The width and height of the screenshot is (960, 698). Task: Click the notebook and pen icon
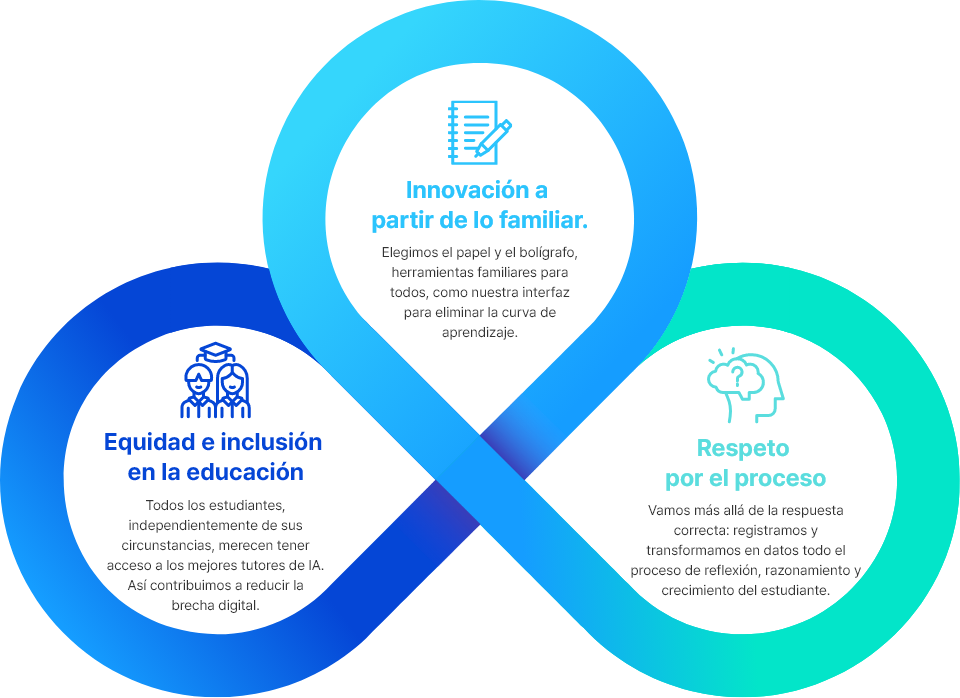479,133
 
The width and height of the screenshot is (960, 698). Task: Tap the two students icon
216,380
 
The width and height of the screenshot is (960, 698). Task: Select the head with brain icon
745,386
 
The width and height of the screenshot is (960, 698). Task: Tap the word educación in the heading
245,472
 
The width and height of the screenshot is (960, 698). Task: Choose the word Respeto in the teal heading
743,449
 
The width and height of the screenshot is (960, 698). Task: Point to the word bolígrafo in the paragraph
549,253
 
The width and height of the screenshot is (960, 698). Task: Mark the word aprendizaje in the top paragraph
480,333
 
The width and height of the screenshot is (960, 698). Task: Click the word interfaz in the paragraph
546,293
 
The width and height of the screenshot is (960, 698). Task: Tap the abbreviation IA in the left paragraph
316,565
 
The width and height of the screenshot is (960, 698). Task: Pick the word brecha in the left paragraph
192,606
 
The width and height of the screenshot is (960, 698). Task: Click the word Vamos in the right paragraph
667,511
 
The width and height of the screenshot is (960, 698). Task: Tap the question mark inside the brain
738,375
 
